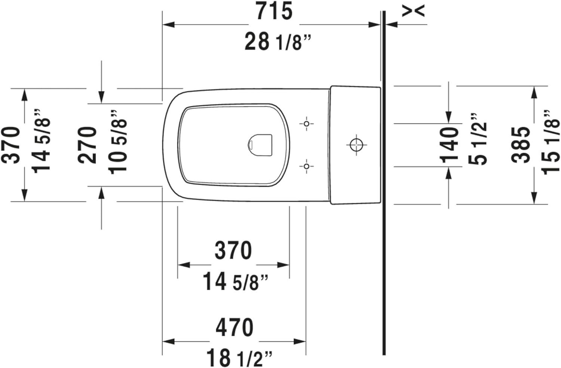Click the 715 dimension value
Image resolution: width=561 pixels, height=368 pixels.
[274, 12]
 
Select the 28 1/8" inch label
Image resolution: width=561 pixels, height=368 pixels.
[278, 42]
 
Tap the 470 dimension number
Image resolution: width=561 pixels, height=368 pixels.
[234, 328]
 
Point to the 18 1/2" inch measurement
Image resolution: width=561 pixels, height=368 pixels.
[239, 358]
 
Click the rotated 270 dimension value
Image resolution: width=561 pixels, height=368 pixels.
[88, 145]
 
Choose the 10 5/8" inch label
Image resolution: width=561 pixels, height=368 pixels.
[118, 142]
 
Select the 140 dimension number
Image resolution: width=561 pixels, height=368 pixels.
[450, 145]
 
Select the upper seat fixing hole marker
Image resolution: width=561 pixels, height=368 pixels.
[306, 123]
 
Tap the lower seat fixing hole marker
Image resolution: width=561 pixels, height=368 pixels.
[306, 166]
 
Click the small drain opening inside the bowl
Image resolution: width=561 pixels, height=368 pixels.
[260, 144]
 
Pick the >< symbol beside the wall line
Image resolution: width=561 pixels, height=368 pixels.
[413, 11]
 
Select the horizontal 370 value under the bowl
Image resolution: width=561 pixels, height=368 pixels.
[233, 251]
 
